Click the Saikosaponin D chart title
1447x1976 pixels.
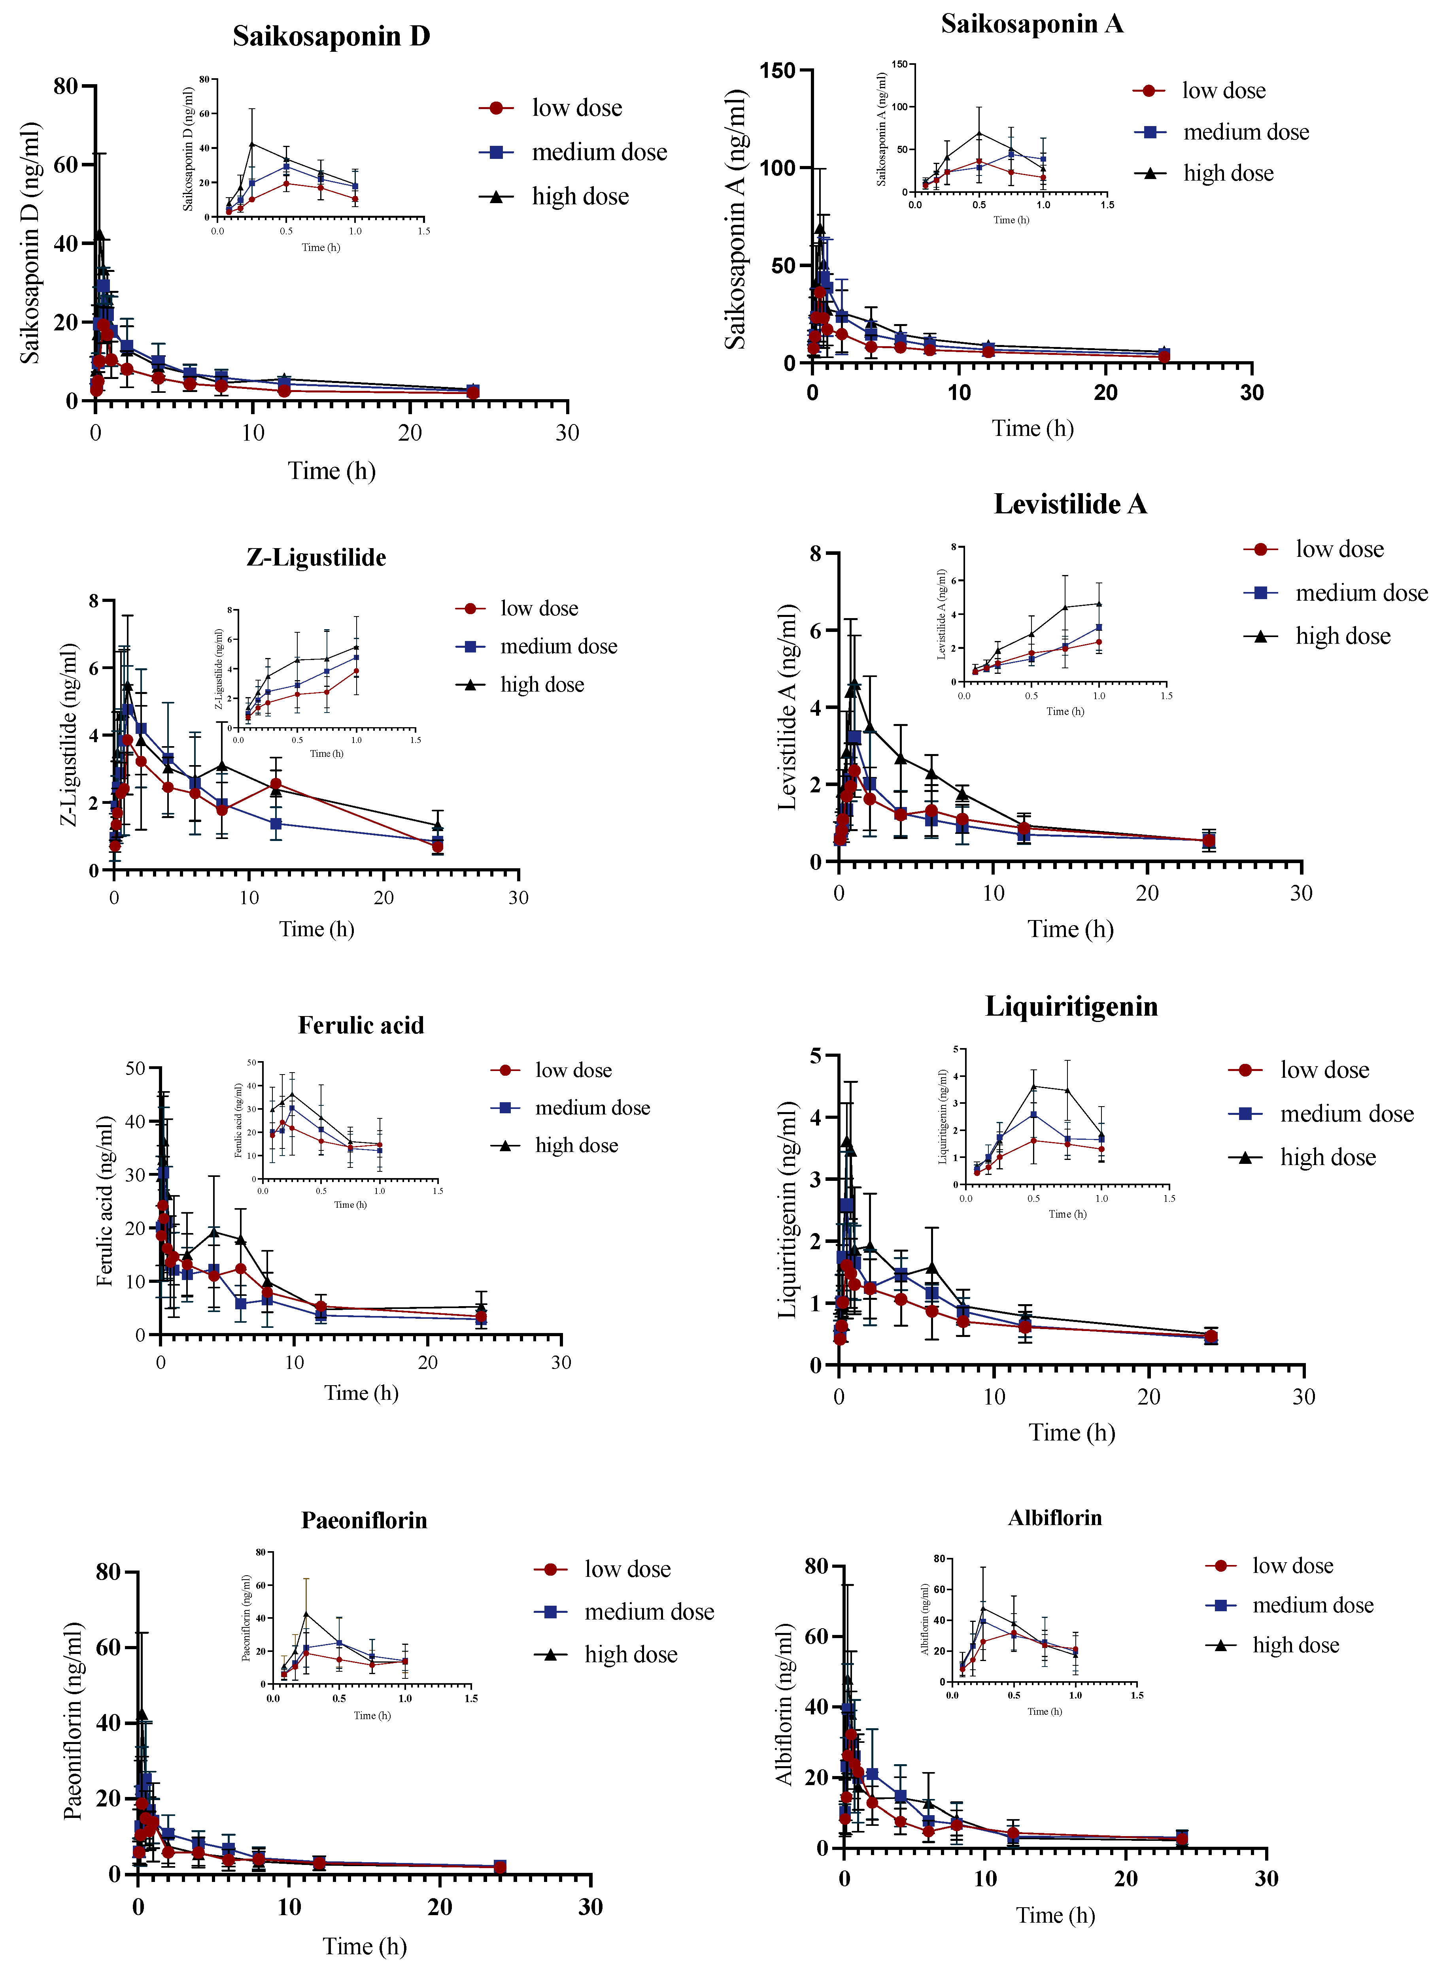click(x=331, y=36)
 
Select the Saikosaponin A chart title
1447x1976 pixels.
click(x=1032, y=24)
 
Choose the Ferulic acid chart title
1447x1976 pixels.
click(x=361, y=1025)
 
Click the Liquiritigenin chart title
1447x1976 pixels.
click(x=1071, y=1006)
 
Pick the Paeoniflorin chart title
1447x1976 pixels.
click(x=365, y=1520)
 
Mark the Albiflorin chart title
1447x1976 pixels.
click(x=1054, y=1517)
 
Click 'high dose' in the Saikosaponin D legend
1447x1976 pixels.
click(x=580, y=197)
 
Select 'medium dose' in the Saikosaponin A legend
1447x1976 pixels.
click(x=1245, y=132)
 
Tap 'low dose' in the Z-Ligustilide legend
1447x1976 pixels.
click(x=539, y=609)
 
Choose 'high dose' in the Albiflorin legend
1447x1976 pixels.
click(x=1296, y=1645)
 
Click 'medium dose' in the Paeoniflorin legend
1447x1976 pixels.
click(x=649, y=1612)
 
